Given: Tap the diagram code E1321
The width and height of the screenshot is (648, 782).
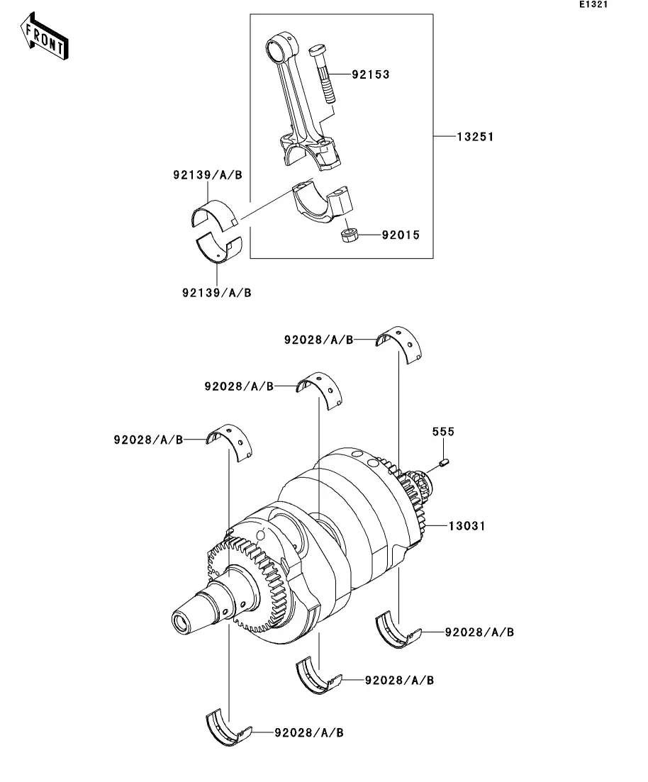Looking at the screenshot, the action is (593, 4).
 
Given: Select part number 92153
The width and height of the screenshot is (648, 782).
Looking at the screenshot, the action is (370, 74).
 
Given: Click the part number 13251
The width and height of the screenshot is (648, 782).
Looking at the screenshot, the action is (475, 137).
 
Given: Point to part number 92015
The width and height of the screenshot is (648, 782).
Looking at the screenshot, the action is (401, 235).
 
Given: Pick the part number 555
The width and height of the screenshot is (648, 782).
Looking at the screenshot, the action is (443, 431).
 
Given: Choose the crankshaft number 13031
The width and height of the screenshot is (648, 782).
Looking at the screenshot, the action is (467, 525).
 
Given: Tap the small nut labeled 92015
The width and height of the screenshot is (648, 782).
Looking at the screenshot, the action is (349, 235).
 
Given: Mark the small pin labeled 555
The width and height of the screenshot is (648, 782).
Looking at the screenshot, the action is (445, 463).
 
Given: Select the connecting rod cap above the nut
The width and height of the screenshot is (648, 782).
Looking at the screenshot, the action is (323, 201).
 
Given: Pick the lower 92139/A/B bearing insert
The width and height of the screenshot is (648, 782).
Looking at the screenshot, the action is (218, 247).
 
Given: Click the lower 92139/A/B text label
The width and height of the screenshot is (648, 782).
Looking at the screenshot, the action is (216, 293).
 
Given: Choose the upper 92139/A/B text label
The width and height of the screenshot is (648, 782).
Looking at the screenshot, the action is (208, 175).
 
